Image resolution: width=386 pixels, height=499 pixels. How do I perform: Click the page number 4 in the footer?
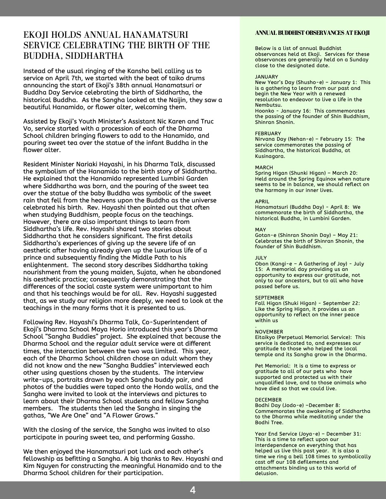point(193,490)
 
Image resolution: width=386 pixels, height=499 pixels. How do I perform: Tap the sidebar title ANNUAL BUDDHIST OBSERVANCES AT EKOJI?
point(312,33)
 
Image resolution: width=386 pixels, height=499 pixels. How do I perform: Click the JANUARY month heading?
point(267,77)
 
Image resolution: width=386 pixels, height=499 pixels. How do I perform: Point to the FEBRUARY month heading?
point(268,134)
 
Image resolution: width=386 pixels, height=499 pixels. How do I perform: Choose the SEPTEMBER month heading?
point(270,298)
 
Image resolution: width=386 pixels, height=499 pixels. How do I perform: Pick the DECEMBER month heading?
point(268,400)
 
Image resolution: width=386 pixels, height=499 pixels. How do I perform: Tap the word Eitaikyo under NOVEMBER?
point(266,337)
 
